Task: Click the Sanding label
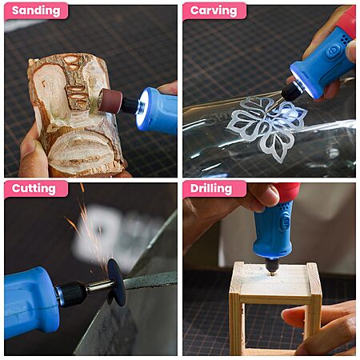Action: [x=36, y=10]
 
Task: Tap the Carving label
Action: [x=214, y=10]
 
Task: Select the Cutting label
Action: [x=34, y=189]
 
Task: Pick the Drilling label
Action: [x=211, y=189]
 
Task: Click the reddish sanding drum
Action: [x=110, y=101]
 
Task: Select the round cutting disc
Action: [x=117, y=282]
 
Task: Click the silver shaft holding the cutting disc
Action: [x=98, y=286]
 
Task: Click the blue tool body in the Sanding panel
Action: [x=158, y=110]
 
